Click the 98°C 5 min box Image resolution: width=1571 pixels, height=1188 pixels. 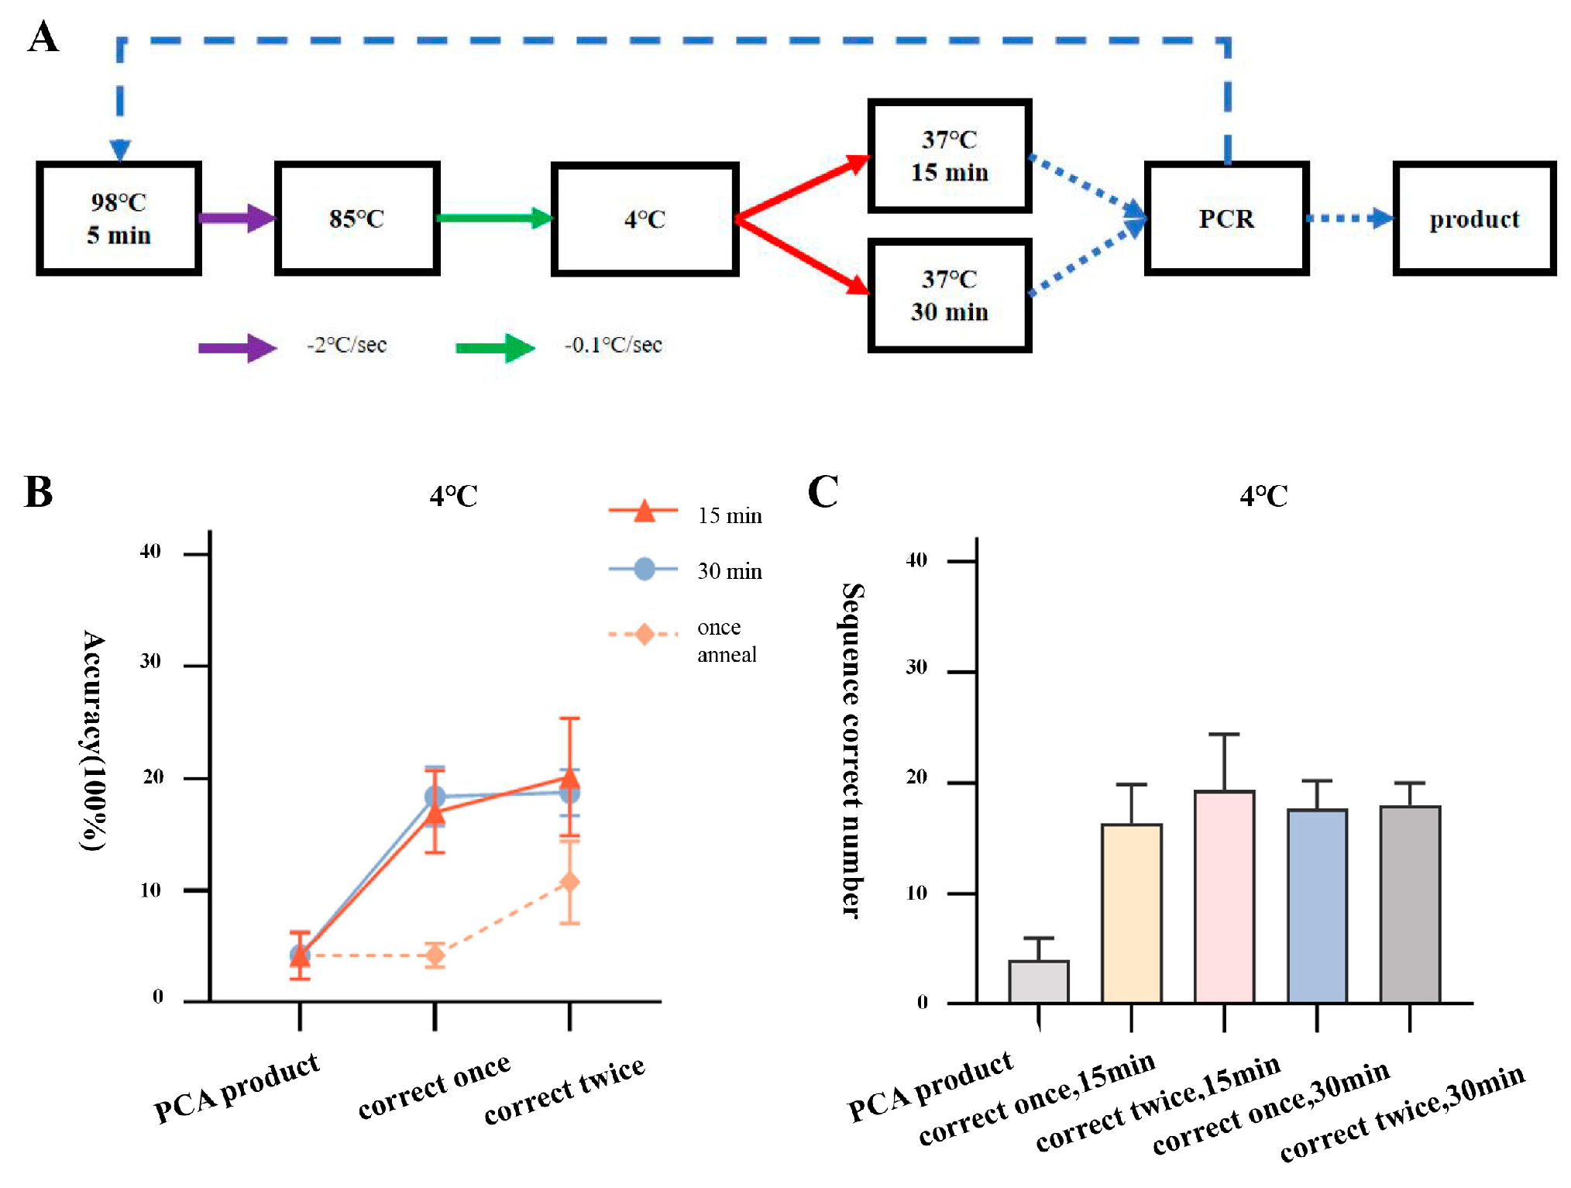pyautogui.click(x=119, y=219)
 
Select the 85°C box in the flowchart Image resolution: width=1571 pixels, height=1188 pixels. pyautogui.click(x=357, y=219)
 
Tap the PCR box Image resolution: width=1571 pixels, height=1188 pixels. pyautogui.click(x=1226, y=219)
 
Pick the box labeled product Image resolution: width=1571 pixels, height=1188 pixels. pyautogui.click(x=1473, y=219)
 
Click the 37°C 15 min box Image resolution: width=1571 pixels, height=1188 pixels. pyautogui.click(x=949, y=156)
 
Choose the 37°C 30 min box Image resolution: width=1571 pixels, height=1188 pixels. pyautogui.click(x=949, y=295)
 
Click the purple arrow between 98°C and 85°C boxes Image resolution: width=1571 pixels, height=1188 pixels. pyautogui.click(x=237, y=218)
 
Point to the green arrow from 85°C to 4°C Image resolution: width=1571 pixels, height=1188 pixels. pyautogui.click(x=494, y=218)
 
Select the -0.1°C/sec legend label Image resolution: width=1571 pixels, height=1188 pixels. pyautogui.click(x=613, y=345)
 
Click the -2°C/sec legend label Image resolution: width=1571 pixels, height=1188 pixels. pyautogui.click(x=346, y=345)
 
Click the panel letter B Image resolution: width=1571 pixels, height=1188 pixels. pyautogui.click(x=39, y=491)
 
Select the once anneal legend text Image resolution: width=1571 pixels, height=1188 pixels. pyautogui.click(x=726, y=640)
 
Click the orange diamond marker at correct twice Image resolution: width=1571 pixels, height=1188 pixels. pyautogui.click(x=569, y=882)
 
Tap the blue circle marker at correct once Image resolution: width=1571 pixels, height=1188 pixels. pyautogui.click(x=435, y=797)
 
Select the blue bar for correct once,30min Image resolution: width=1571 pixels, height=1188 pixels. pyautogui.click(x=1317, y=906)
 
